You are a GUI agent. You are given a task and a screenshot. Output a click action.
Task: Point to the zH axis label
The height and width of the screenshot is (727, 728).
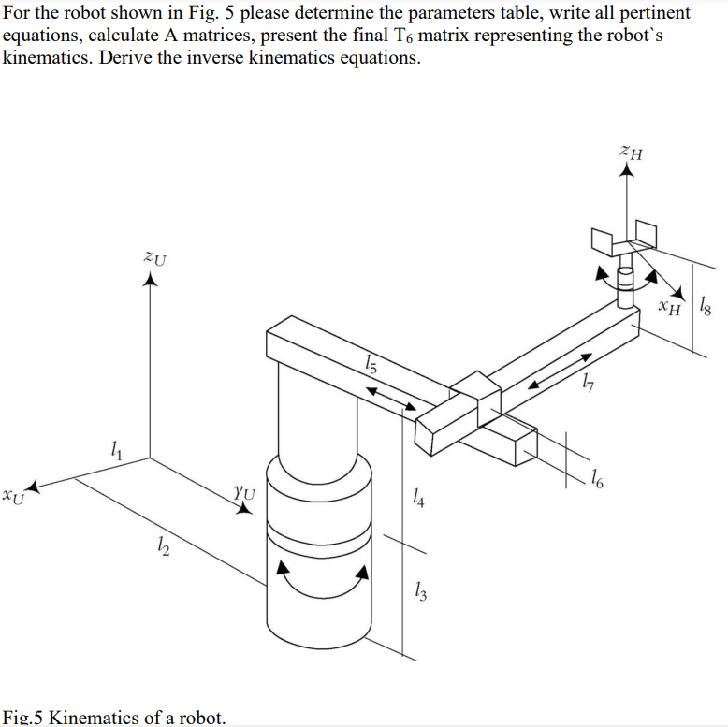(x=631, y=153)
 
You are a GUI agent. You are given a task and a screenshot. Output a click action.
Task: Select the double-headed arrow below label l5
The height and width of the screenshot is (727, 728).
(x=392, y=397)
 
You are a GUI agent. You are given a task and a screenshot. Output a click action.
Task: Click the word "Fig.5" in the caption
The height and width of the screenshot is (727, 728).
(x=23, y=717)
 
